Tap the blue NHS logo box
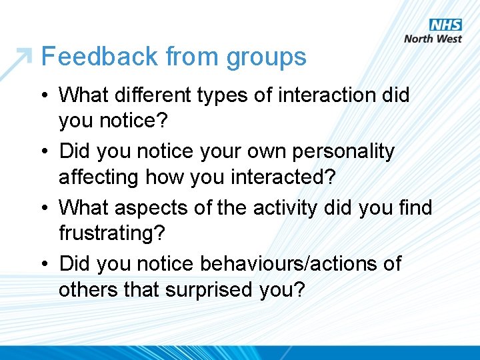click(x=445, y=25)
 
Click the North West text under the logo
click(x=433, y=39)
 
